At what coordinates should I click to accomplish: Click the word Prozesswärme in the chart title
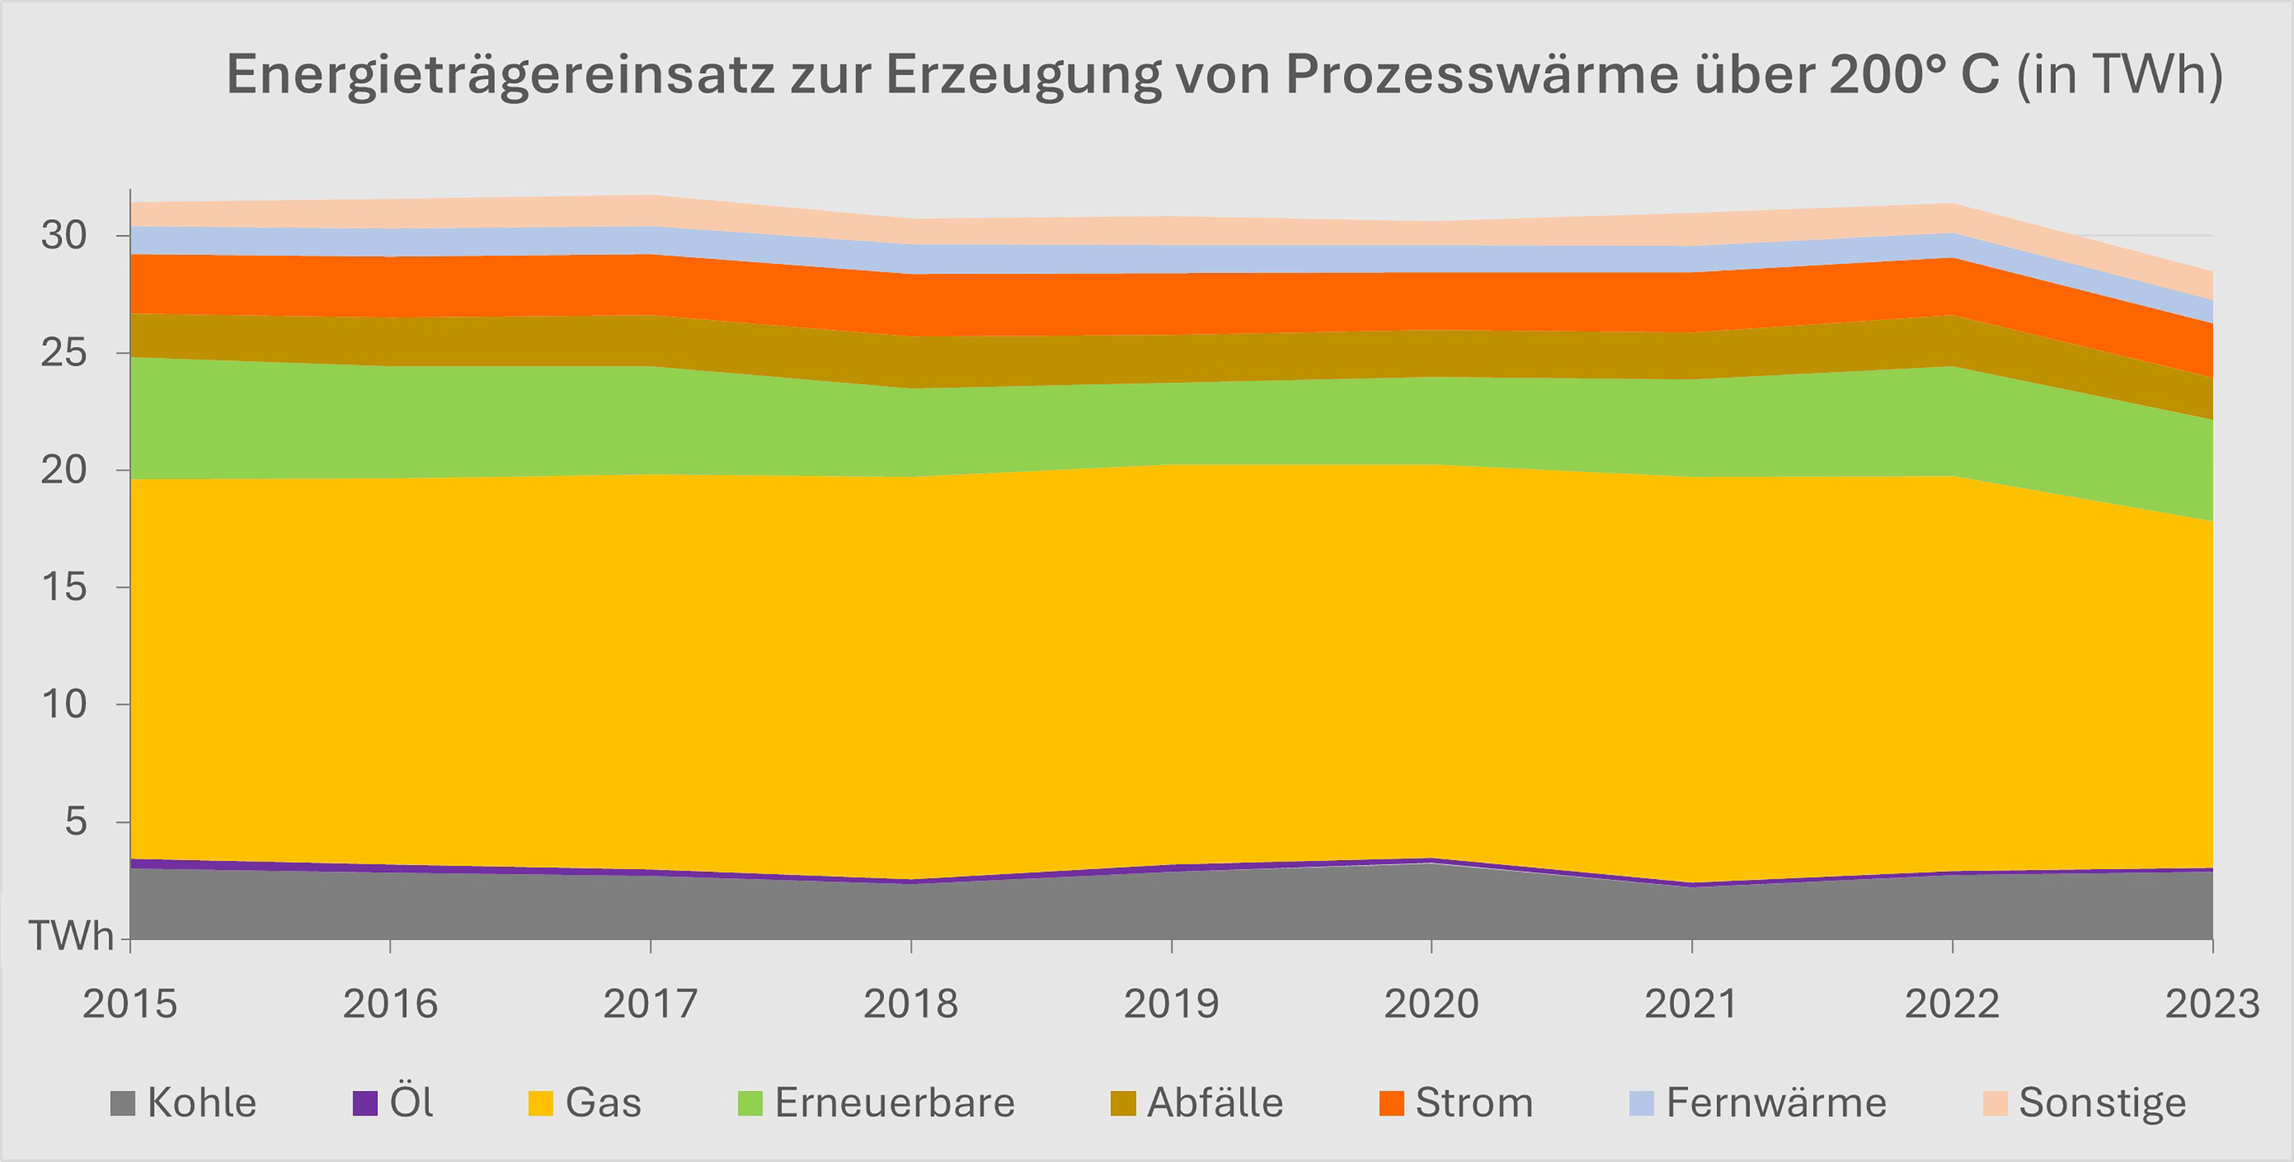pos(1482,74)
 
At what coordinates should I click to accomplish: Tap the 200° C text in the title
pos(1915,74)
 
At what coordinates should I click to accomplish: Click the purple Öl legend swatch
pos(365,1103)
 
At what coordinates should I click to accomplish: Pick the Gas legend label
pos(603,1103)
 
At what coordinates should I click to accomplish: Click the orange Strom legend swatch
pos(1391,1103)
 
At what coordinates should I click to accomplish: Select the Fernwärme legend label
pos(1776,1103)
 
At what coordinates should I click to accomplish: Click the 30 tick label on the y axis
pos(64,236)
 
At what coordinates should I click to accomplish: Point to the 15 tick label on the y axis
pos(64,588)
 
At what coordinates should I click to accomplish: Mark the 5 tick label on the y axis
pos(76,822)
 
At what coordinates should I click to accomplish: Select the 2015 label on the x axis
pos(130,1004)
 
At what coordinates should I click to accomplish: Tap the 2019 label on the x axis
pos(1171,1004)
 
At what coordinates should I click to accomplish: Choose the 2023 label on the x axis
pos(2212,1004)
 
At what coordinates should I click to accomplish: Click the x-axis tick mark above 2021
pos(1692,946)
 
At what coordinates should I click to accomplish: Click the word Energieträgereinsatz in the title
pos(500,74)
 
